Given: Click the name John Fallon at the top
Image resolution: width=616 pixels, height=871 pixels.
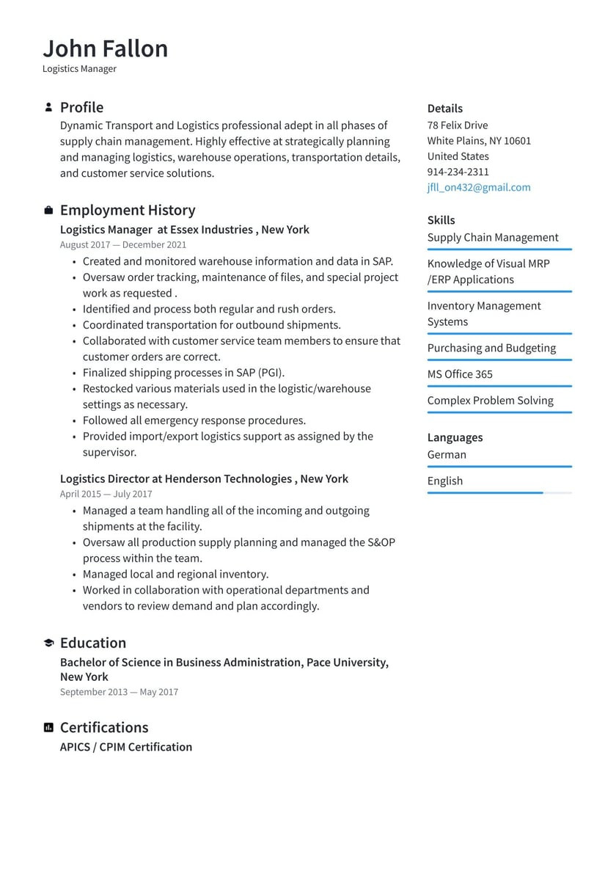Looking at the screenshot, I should (105, 48).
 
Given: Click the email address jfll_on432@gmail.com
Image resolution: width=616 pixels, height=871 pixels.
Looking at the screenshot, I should (478, 187).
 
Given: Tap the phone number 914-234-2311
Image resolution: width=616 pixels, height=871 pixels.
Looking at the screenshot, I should (458, 172).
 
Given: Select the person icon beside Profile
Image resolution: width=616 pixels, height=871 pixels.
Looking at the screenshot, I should (48, 107).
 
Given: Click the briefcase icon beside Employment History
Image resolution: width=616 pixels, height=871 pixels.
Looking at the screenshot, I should (48, 211).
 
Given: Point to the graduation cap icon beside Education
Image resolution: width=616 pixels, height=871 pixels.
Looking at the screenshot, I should (48, 643).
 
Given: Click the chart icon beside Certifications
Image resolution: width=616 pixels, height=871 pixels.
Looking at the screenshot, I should (48, 727).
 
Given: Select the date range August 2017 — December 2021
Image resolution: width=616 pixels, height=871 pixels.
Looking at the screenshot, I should (122, 245).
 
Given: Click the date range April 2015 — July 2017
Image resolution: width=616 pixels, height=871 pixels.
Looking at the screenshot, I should (106, 494).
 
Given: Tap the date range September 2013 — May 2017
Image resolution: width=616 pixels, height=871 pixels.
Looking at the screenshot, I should (119, 692).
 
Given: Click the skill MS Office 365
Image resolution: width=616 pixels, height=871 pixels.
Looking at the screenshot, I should (460, 374).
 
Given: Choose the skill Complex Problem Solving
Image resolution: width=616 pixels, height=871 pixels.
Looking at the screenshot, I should (490, 401).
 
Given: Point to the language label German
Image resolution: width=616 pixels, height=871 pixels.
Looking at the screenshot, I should (447, 454).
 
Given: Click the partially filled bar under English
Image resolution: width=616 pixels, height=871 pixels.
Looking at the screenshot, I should (485, 493).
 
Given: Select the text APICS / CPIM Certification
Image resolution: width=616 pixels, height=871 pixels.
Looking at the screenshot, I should (126, 747).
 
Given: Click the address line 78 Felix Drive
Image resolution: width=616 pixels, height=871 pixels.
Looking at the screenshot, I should (457, 125).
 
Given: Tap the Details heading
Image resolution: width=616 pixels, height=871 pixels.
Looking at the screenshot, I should (444, 109).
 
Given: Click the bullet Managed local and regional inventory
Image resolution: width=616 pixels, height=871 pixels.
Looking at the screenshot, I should (175, 574).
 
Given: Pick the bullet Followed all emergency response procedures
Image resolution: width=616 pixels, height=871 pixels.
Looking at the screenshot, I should (194, 420).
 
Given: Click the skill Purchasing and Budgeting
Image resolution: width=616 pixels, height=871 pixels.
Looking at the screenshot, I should (491, 348).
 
